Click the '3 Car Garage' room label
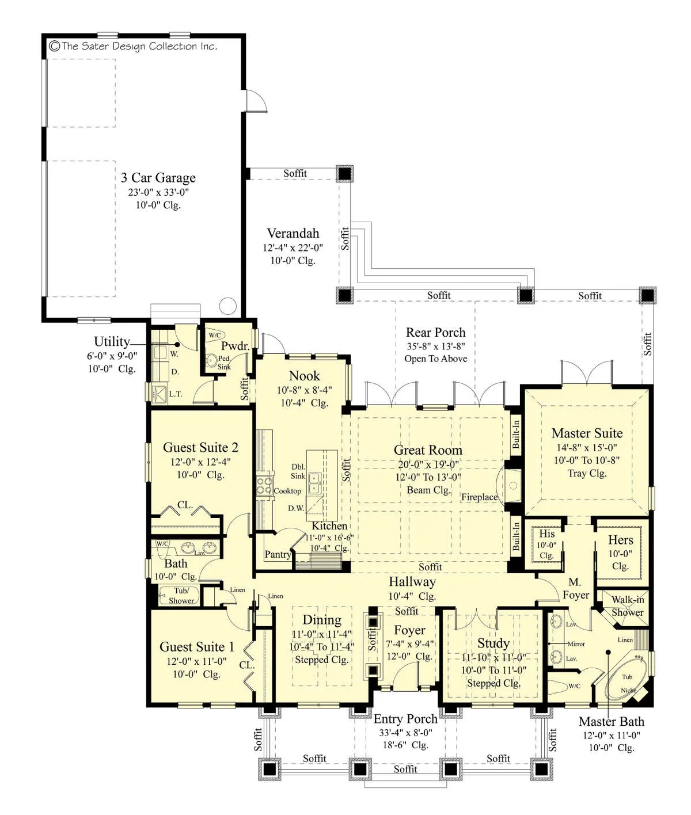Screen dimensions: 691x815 coord(158,178)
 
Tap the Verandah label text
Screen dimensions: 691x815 coord(293,234)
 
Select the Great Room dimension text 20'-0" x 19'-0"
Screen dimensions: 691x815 coord(428,464)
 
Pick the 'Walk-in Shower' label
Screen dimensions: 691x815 coord(628,606)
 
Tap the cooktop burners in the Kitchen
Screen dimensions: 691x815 coord(264,486)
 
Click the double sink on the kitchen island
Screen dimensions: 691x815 coord(314,483)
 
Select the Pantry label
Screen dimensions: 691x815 coord(278,554)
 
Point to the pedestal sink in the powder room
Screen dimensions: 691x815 coord(212,360)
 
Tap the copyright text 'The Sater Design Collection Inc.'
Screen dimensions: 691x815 coord(134,46)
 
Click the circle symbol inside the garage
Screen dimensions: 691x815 coord(227,306)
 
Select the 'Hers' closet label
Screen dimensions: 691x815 coord(620,540)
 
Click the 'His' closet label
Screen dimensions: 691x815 coord(547,534)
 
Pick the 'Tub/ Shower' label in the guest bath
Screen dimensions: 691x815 coord(181,595)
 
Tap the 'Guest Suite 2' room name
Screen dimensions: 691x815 coord(200,448)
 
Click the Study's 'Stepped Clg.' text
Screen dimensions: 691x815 coord(494,683)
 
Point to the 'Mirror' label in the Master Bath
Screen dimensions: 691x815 coord(576,644)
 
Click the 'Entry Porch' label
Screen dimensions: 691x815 coord(405,719)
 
